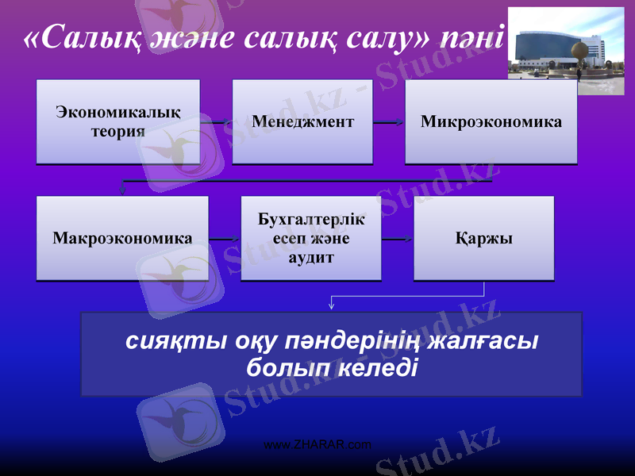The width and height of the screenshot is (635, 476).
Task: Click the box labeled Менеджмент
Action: pos(302,122)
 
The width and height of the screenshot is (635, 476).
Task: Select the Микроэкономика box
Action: pos(491,122)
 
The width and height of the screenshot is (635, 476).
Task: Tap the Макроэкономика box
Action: pos(122,238)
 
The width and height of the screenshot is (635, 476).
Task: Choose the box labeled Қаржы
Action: pos(483,238)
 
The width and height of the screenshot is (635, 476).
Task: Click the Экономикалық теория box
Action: pos(117,122)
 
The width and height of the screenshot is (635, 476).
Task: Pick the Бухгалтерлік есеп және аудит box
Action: pos(311,238)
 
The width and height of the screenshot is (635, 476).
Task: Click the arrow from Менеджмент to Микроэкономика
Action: pos(389,123)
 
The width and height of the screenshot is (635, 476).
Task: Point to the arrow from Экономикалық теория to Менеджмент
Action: pos(216,123)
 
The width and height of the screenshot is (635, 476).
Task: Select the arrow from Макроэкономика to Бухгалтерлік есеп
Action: pos(225,239)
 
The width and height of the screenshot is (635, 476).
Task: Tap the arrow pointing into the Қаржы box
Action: pos(397,239)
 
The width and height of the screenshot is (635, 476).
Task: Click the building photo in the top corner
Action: pos(566,51)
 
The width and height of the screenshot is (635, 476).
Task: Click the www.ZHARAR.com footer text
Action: pos(317,444)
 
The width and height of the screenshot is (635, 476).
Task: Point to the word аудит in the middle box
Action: pos(311,259)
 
